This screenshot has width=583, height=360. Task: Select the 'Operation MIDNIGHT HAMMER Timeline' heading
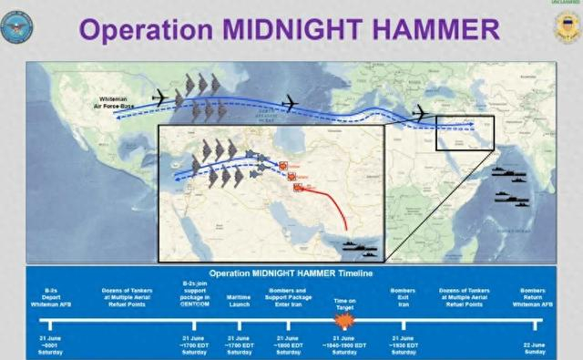pos(291,273)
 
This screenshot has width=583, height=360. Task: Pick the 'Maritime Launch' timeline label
pos(240,298)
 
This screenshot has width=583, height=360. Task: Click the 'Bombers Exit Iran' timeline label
pos(403,298)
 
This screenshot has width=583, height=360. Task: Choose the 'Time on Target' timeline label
pos(344,298)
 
